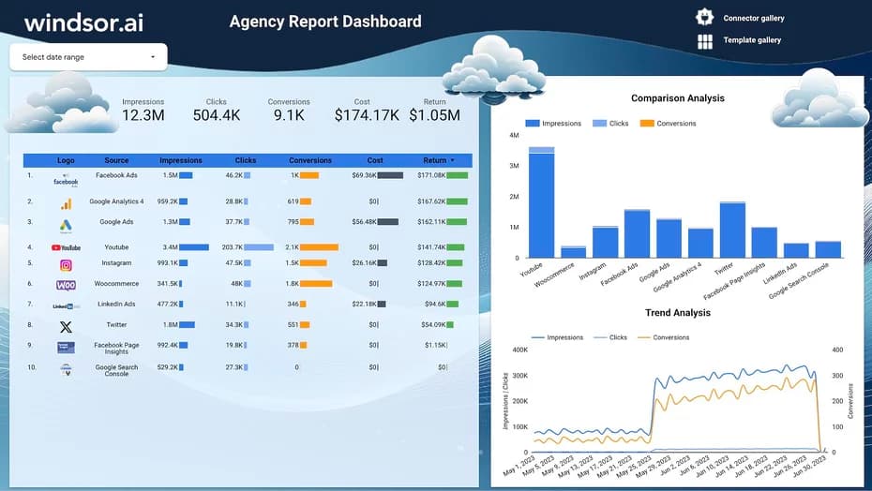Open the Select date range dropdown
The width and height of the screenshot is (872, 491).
click(88, 57)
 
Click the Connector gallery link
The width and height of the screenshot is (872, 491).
click(753, 18)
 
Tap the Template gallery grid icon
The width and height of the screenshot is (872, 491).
click(705, 41)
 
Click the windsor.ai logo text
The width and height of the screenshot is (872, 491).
click(84, 22)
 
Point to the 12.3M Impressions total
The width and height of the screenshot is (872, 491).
click(143, 115)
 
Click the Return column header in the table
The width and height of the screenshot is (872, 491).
click(435, 160)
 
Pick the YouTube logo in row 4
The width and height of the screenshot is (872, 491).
click(66, 247)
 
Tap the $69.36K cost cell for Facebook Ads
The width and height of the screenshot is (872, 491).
click(365, 175)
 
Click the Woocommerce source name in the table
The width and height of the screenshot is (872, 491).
click(116, 284)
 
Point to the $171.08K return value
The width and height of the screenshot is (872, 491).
click(431, 175)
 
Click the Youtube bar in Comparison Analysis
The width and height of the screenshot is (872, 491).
click(541, 202)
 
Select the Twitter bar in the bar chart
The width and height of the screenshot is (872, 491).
click(732, 230)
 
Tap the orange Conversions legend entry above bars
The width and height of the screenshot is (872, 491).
click(669, 124)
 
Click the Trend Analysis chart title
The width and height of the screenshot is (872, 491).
click(677, 313)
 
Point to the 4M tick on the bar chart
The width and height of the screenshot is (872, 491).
click(514, 136)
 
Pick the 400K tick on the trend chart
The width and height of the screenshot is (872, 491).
click(518, 350)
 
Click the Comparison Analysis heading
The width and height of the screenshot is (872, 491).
click(677, 98)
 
